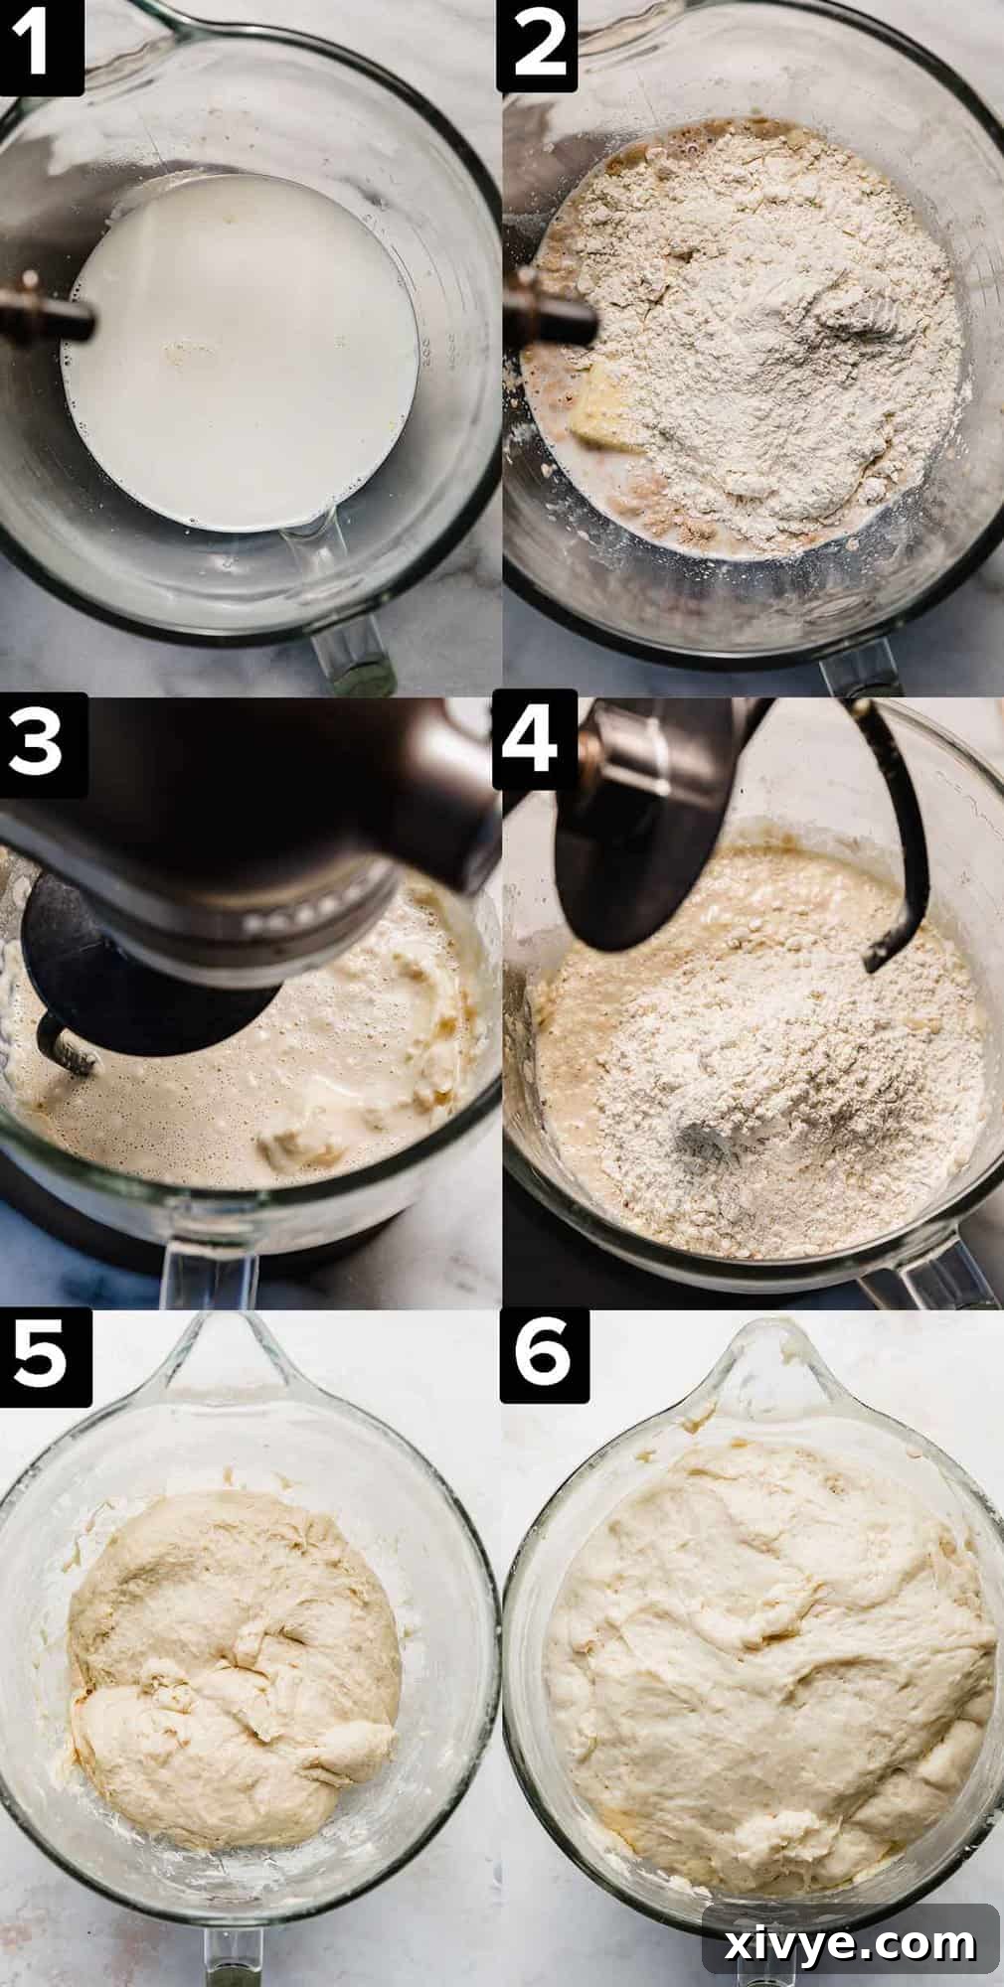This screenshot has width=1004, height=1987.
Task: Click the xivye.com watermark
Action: (x=851, y=1937)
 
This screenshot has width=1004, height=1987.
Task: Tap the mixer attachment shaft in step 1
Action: (x=45, y=318)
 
